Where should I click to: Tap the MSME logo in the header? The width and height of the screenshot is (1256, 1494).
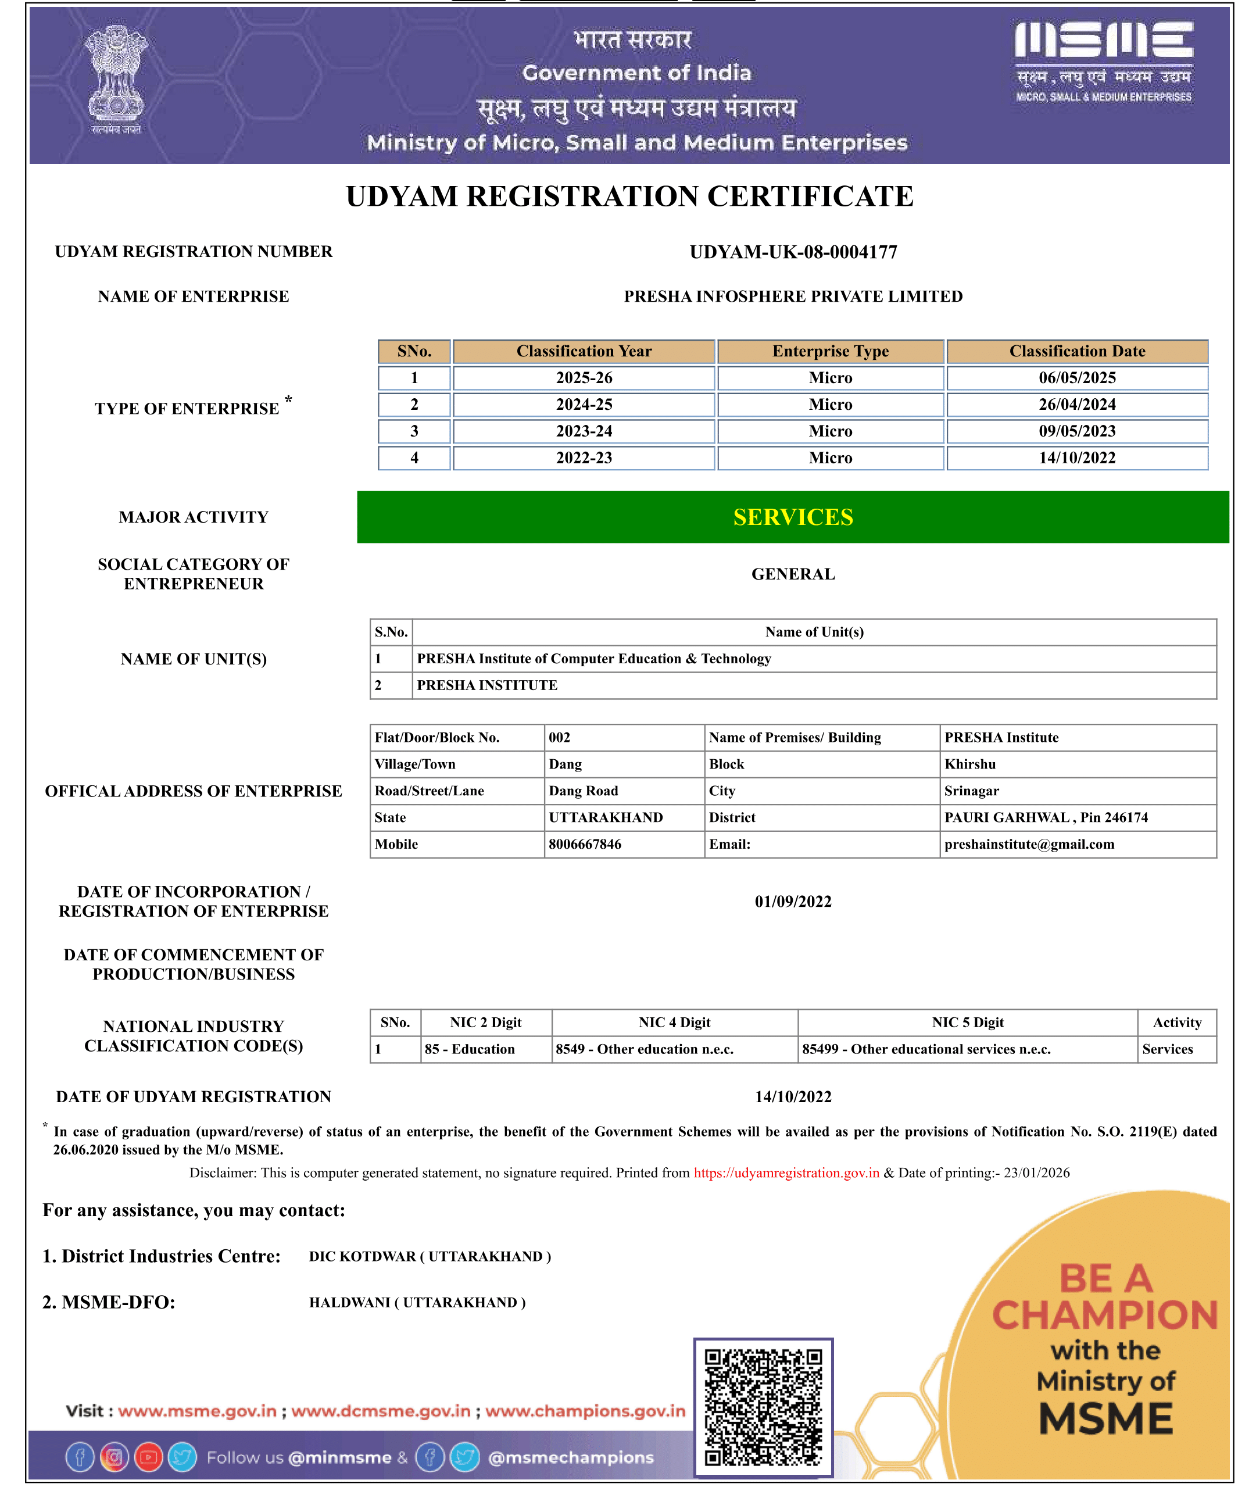pos(1104,60)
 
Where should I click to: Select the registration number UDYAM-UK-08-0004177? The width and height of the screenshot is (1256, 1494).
pos(793,252)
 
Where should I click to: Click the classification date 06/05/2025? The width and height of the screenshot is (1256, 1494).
pos(1076,378)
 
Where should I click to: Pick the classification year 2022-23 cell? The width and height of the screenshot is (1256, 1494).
pos(584,458)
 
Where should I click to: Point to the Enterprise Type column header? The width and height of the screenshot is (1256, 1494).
pos(830,351)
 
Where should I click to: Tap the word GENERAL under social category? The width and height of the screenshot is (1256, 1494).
pos(793,574)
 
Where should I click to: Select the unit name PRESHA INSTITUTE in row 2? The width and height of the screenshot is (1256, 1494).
pos(487,685)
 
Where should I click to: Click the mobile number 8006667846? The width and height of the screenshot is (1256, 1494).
pos(585,844)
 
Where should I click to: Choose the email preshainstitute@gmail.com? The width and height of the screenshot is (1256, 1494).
pos(1029,844)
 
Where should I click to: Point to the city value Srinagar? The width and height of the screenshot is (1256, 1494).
pos(971,791)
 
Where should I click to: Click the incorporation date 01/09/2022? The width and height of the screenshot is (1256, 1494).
pos(793,902)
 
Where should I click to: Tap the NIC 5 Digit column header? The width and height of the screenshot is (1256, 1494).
pos(968,1023)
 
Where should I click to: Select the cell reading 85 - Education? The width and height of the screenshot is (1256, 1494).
pos(470,1049)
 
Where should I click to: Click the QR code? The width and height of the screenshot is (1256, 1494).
pos(763,1407)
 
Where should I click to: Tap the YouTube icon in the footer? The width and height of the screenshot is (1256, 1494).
pos(148,1457)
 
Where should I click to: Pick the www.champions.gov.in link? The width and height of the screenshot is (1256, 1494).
pos(585,1411)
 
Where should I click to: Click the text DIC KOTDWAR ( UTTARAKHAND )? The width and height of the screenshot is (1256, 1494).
pos(430,1256)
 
